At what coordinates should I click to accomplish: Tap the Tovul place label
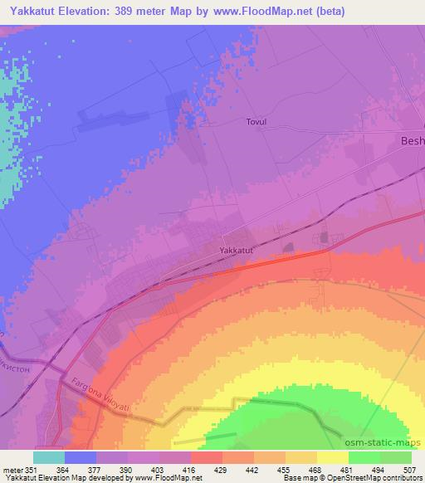[x=256, y=121]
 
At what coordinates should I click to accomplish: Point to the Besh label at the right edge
[x=412, y=142]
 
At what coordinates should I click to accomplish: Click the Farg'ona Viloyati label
[x=96, y=399]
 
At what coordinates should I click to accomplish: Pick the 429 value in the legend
[x=222, y=470]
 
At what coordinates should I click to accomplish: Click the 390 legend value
[x=128, y=470]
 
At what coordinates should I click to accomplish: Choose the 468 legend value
[x=316, y=470]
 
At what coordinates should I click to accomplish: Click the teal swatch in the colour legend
[x=49, y=457]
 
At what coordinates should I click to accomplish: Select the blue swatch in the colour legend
[x=81, y=457]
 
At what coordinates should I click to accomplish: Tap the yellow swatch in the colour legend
[x=332, y=457]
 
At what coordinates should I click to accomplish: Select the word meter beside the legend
[x=12, y=470]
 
